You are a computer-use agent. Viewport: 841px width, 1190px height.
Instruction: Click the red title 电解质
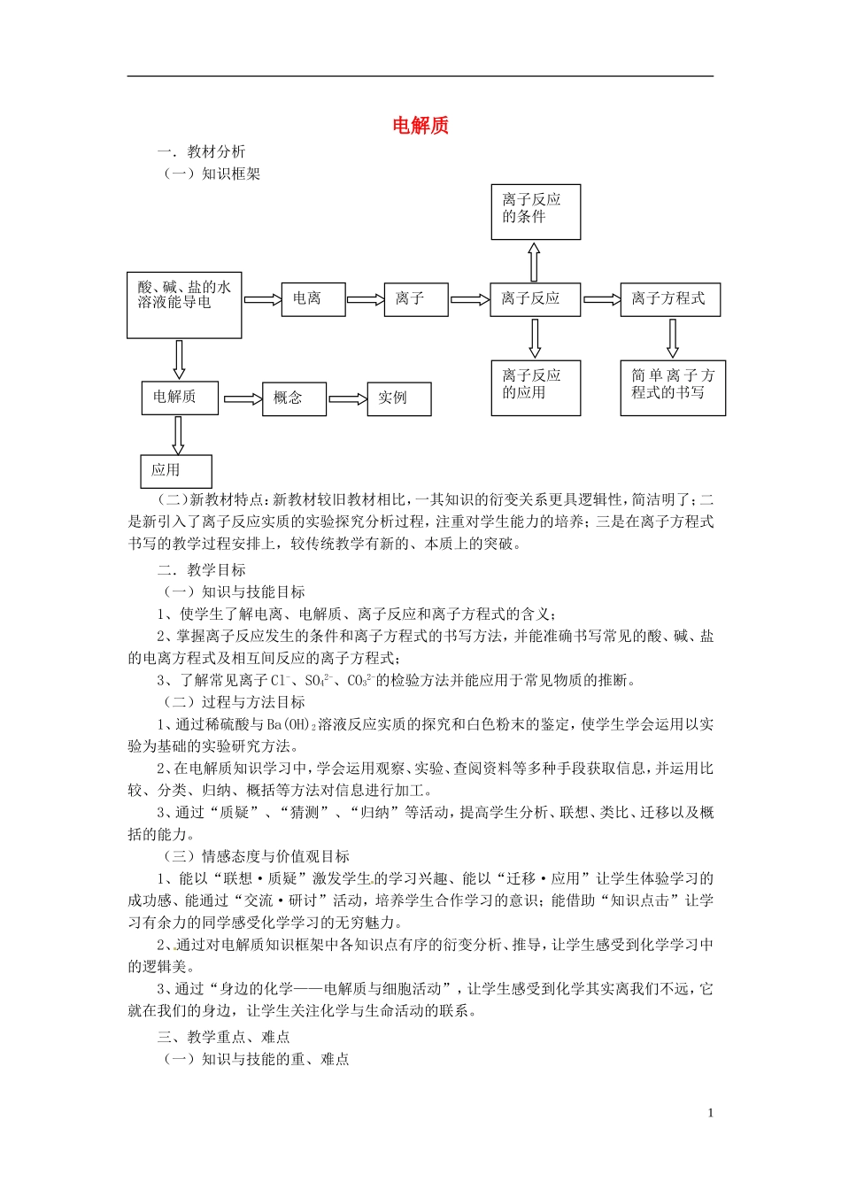pos(420,125)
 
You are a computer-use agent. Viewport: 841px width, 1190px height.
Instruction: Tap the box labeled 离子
pos(416,299)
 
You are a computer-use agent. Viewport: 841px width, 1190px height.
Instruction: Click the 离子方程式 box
pos(669,299)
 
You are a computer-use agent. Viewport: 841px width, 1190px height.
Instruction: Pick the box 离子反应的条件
pos(536,212)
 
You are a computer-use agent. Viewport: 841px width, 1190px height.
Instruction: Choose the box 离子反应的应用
pos(536,387)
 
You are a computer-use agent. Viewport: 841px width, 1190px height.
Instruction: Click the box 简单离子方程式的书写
pos(672,387)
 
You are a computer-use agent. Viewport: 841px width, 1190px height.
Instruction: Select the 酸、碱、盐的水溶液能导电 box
pos(184,305)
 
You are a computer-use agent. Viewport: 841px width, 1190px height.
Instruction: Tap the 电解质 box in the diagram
pos(180,398)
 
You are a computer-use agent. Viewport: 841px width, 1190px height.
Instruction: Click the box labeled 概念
pos(294,398)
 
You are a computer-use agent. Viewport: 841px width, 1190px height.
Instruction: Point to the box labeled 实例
pos(398,398)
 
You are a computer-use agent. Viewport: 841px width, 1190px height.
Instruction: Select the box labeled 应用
pos(176,471)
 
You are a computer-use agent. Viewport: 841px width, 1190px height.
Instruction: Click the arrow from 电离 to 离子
pos(365,299)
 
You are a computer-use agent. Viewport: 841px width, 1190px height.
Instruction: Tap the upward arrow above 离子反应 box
pos(534,261)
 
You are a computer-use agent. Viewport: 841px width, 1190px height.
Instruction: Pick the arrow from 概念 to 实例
pos(347,399)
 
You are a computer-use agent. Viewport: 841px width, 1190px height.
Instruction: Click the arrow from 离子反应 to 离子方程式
pos(602,299)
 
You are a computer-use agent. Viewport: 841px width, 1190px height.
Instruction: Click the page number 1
pos(710,1113)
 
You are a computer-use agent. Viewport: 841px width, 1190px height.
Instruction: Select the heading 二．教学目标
pos(202,570)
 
